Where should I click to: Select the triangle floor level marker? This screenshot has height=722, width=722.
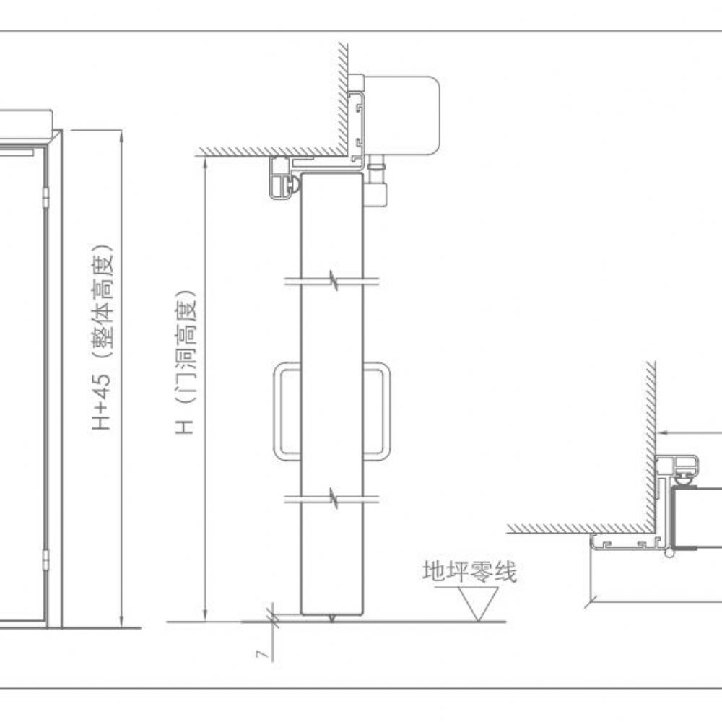click(479, 601)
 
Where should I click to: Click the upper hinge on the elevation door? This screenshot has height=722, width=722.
click(45, 197)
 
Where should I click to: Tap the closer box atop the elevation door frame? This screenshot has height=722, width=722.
click(26, 120)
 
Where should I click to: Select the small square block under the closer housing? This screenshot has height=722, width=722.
click(375, 193)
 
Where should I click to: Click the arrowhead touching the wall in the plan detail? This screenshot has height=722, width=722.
click(661, 432)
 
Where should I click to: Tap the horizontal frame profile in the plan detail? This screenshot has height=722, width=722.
click(625, 542)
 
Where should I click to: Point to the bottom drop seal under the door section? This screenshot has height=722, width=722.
click(331, 618)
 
